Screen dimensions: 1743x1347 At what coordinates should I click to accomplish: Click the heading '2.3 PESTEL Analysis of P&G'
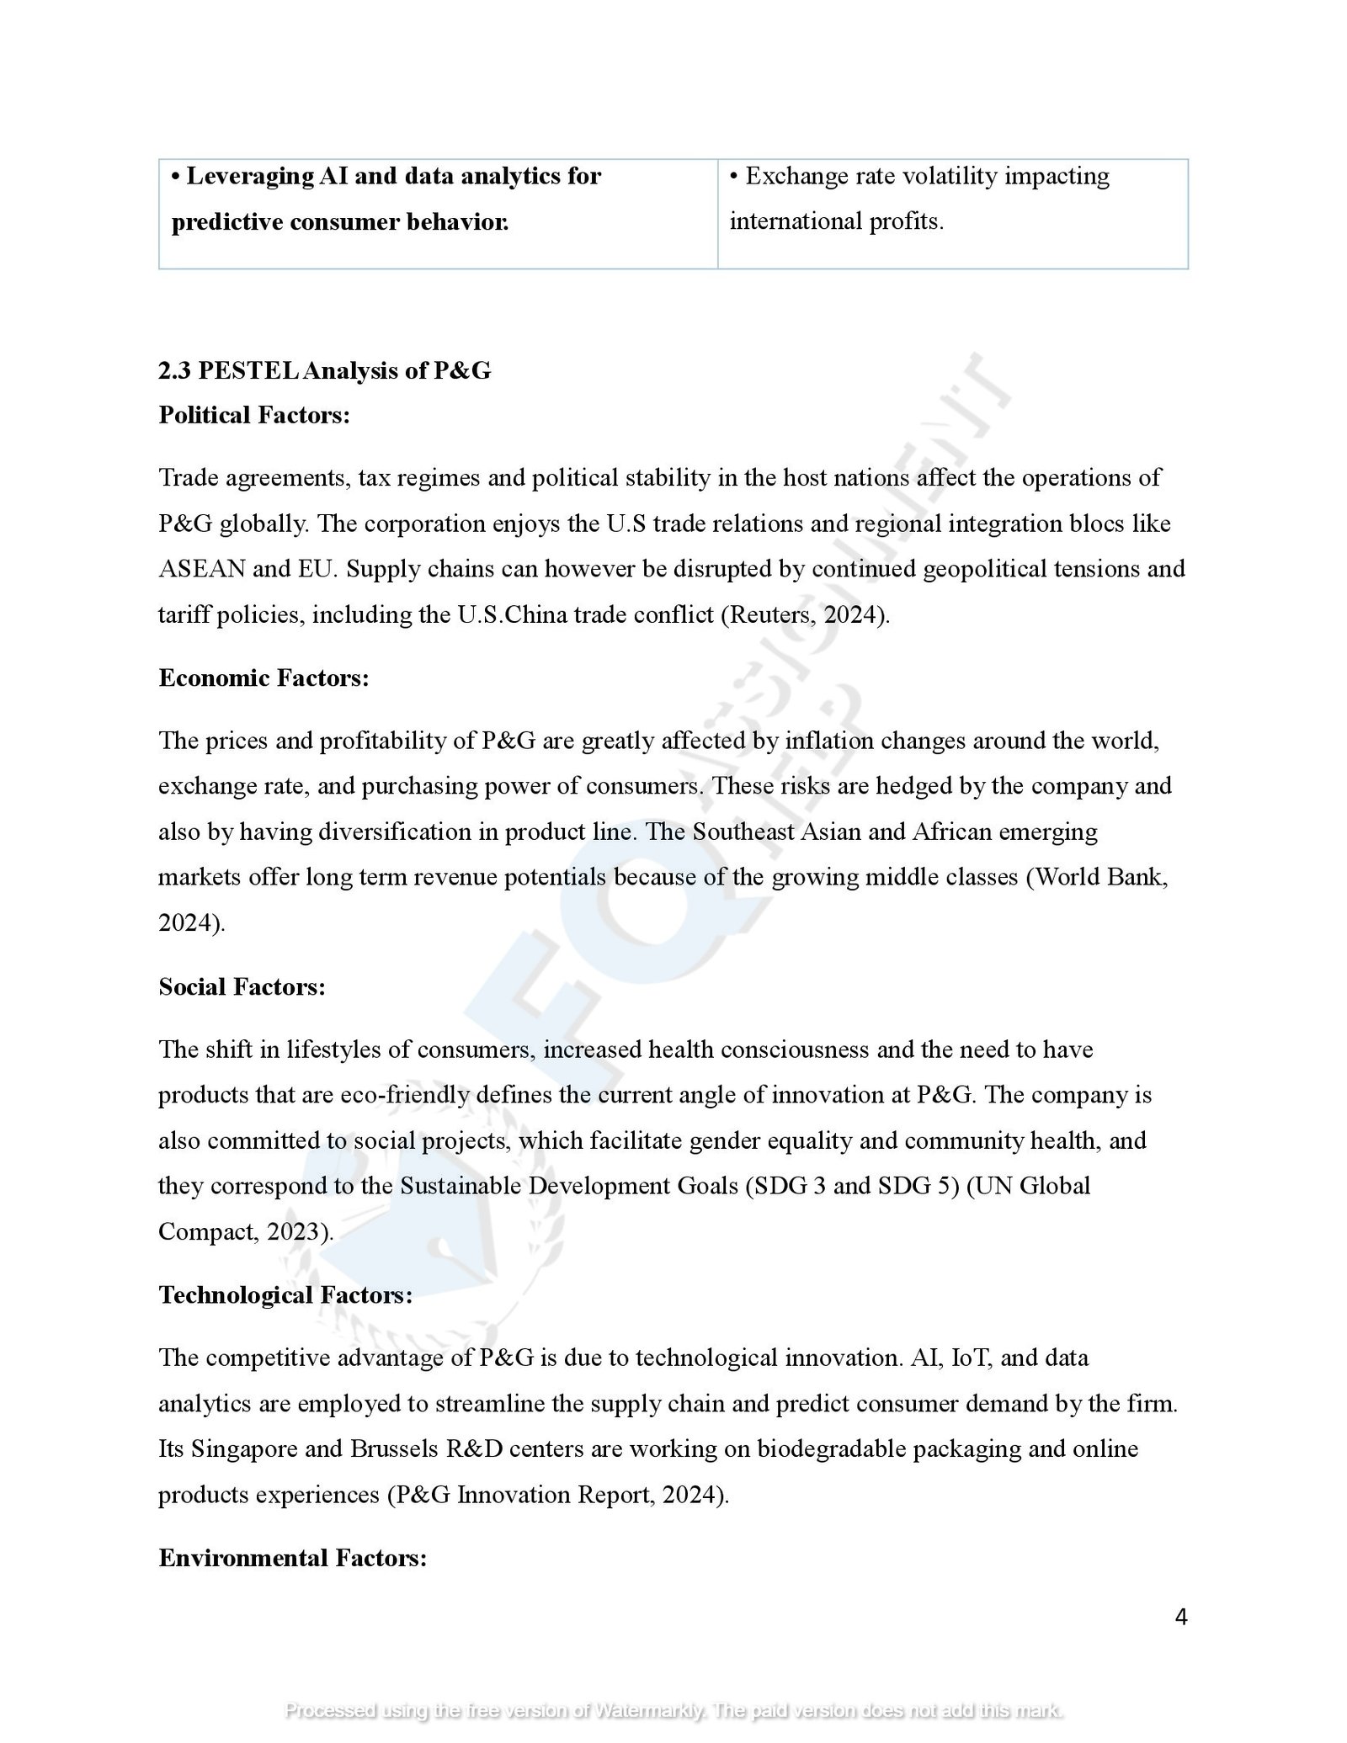tap(324, 370)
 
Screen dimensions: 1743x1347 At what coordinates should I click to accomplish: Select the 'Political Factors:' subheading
tap(253, 415)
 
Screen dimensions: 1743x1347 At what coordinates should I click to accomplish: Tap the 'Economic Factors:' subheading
tap(264, 678)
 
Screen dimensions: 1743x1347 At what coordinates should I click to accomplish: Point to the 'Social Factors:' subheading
tap(242, 986)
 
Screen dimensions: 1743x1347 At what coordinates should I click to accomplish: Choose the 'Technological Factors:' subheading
tap(285, 1294)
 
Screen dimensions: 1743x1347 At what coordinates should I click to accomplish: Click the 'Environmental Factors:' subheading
tap(292, 1558)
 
